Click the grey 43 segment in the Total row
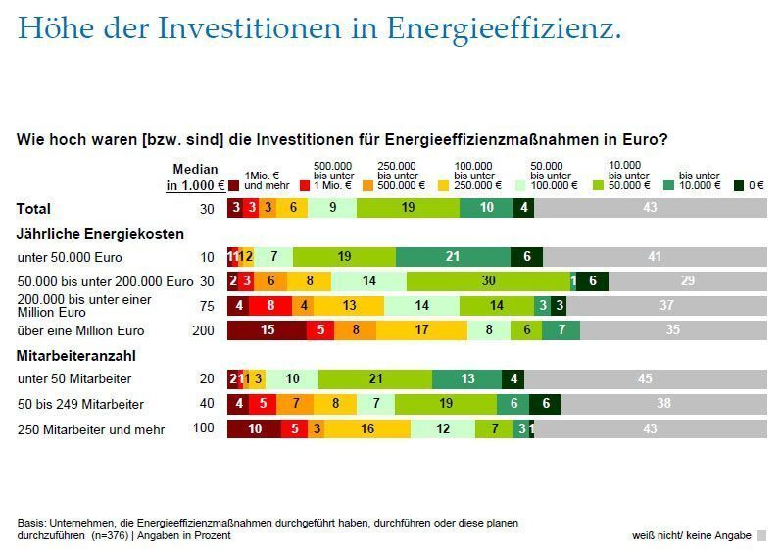(x=650, y=208)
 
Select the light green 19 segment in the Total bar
(x=408, y=208)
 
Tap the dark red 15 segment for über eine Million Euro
(x=267, y=330)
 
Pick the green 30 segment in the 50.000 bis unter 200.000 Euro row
(x=488, y=281)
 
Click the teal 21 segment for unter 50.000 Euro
(x=453, y=257)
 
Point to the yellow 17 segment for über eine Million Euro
(x=421, y=330)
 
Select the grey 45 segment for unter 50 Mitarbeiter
(x=645, y=379)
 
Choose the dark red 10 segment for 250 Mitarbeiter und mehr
(x=254, y=428)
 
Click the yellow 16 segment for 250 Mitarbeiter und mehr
(x=367, y=428)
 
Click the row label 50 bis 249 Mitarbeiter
(x=81, y=404)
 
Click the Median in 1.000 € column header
(x=195, y=176)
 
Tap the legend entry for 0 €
(x=749, y=184)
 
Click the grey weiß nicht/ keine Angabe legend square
(x=761, y=535)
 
